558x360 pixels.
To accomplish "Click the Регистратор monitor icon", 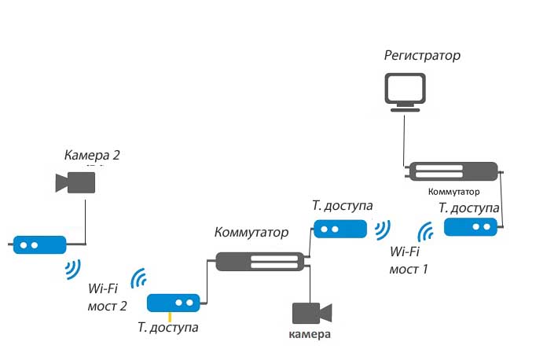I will click(405, 91).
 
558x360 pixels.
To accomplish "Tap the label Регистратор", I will click(422, 56).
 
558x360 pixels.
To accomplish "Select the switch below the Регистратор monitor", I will click(453, 172).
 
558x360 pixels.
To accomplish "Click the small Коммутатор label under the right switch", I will click(453, 191).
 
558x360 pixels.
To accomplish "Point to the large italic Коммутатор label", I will click(251, 233).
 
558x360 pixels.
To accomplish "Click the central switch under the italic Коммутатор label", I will click(259, 261).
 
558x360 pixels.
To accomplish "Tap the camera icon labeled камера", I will click(312, 313).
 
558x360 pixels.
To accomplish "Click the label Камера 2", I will click(92, 156).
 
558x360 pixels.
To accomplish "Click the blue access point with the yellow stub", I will click(174, 302).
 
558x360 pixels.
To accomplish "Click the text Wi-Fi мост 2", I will click(108, 296).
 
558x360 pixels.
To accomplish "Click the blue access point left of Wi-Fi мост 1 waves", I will click(340, 229).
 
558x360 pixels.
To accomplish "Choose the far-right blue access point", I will click(471, 227).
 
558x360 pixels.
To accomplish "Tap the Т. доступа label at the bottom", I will click(167, 327).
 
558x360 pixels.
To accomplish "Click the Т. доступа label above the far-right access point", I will click(468, 208).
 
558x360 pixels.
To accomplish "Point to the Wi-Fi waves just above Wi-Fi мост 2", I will click(141, 279).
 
